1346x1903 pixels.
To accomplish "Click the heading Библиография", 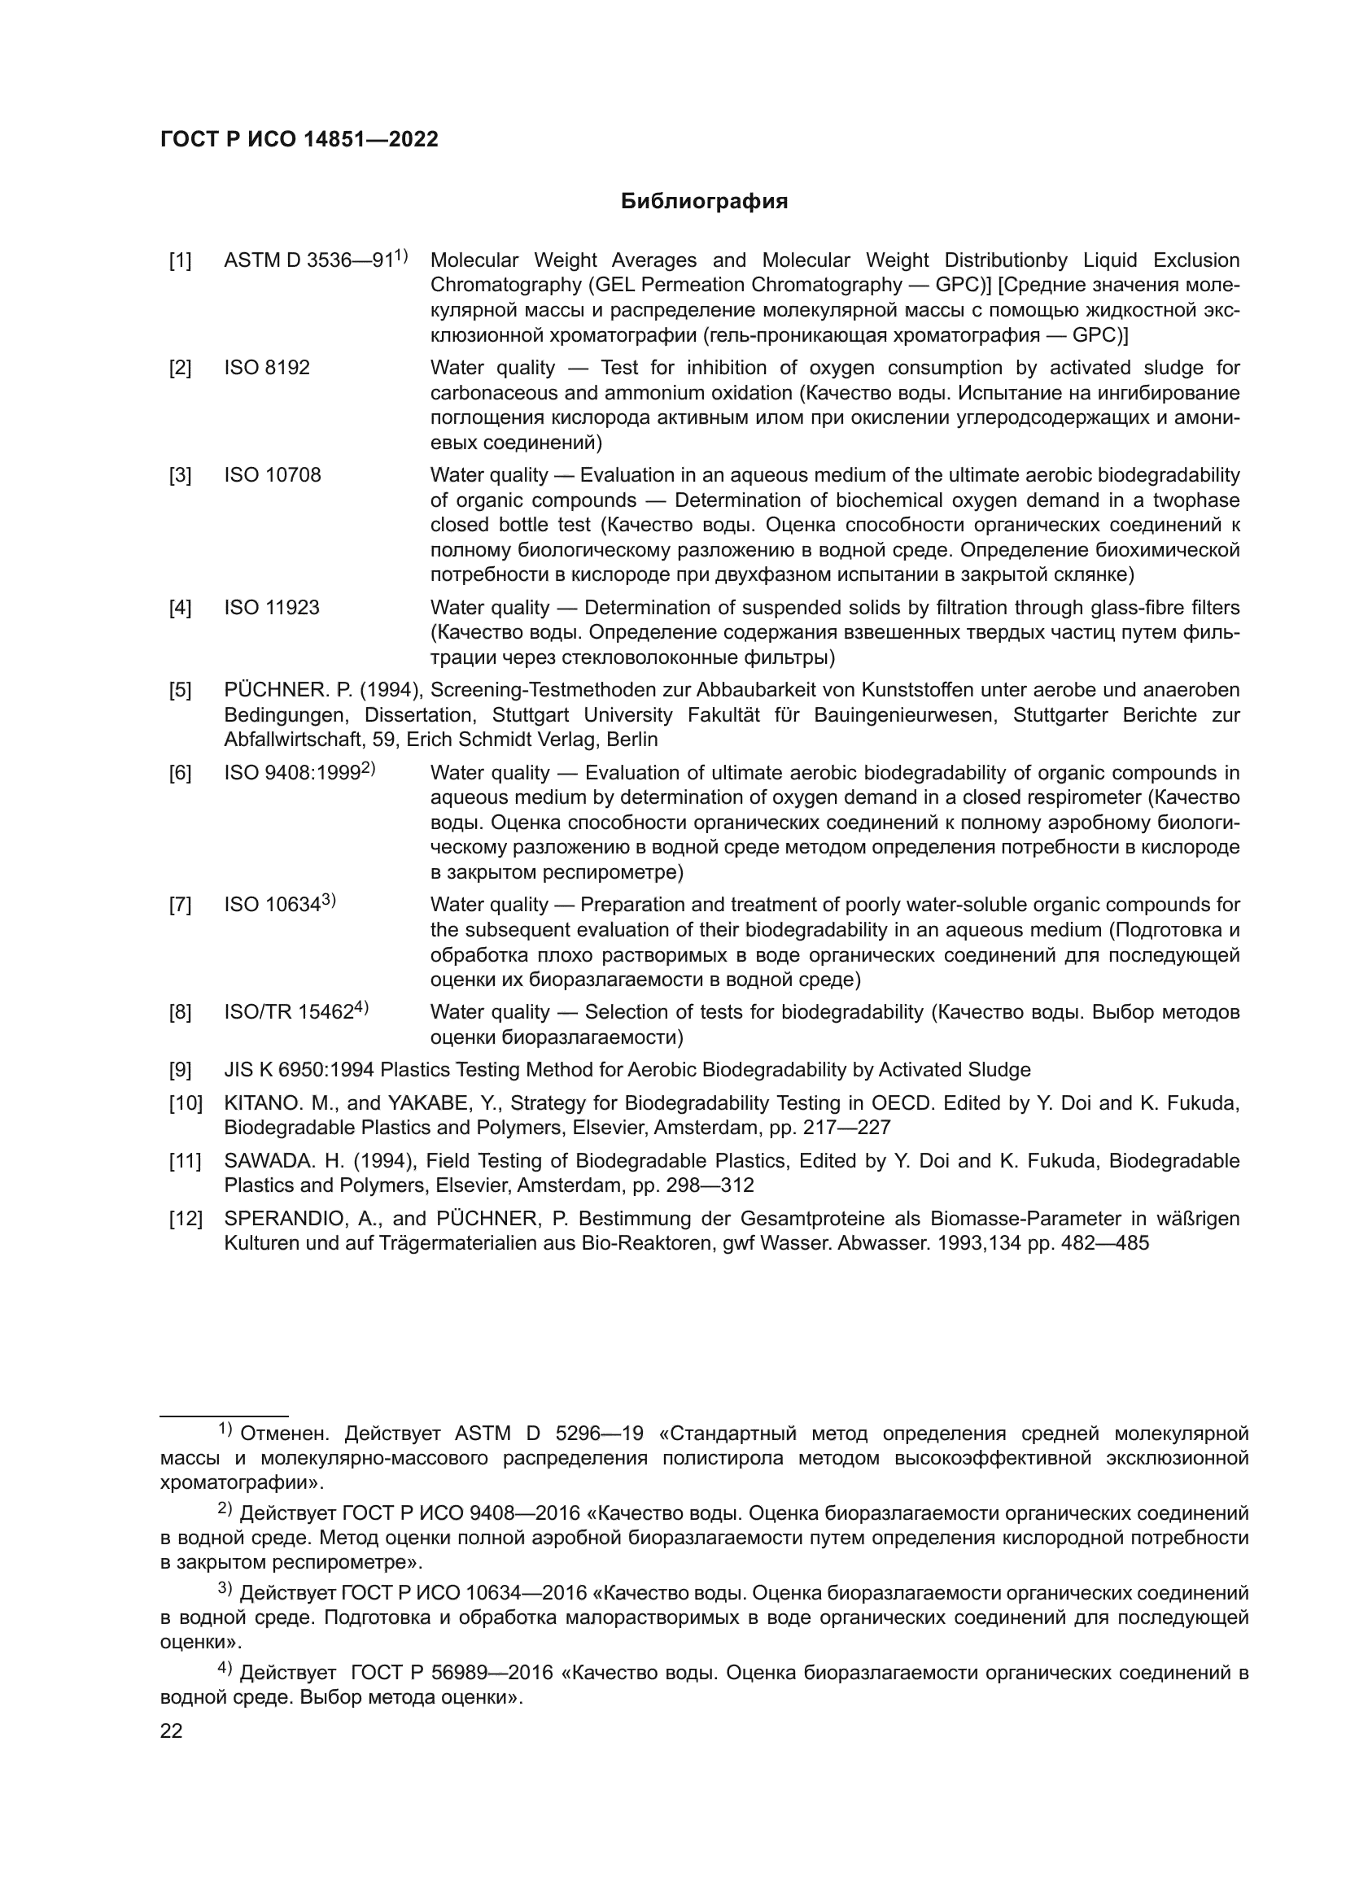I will pos(704,202).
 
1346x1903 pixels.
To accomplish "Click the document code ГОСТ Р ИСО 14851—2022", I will pos(299,140).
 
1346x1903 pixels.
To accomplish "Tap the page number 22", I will pos(171,1731).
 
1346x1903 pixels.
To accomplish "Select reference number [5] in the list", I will pos(180,691).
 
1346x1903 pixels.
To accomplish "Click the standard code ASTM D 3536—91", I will pos(308,261).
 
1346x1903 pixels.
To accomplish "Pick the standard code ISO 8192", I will pos(266,368).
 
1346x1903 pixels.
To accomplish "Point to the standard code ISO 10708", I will pos(272,476).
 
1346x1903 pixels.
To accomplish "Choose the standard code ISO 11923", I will pos(271,609).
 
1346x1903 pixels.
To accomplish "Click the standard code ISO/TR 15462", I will pos(289,1013).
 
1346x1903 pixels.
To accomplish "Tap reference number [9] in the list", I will pos(180,1071).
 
